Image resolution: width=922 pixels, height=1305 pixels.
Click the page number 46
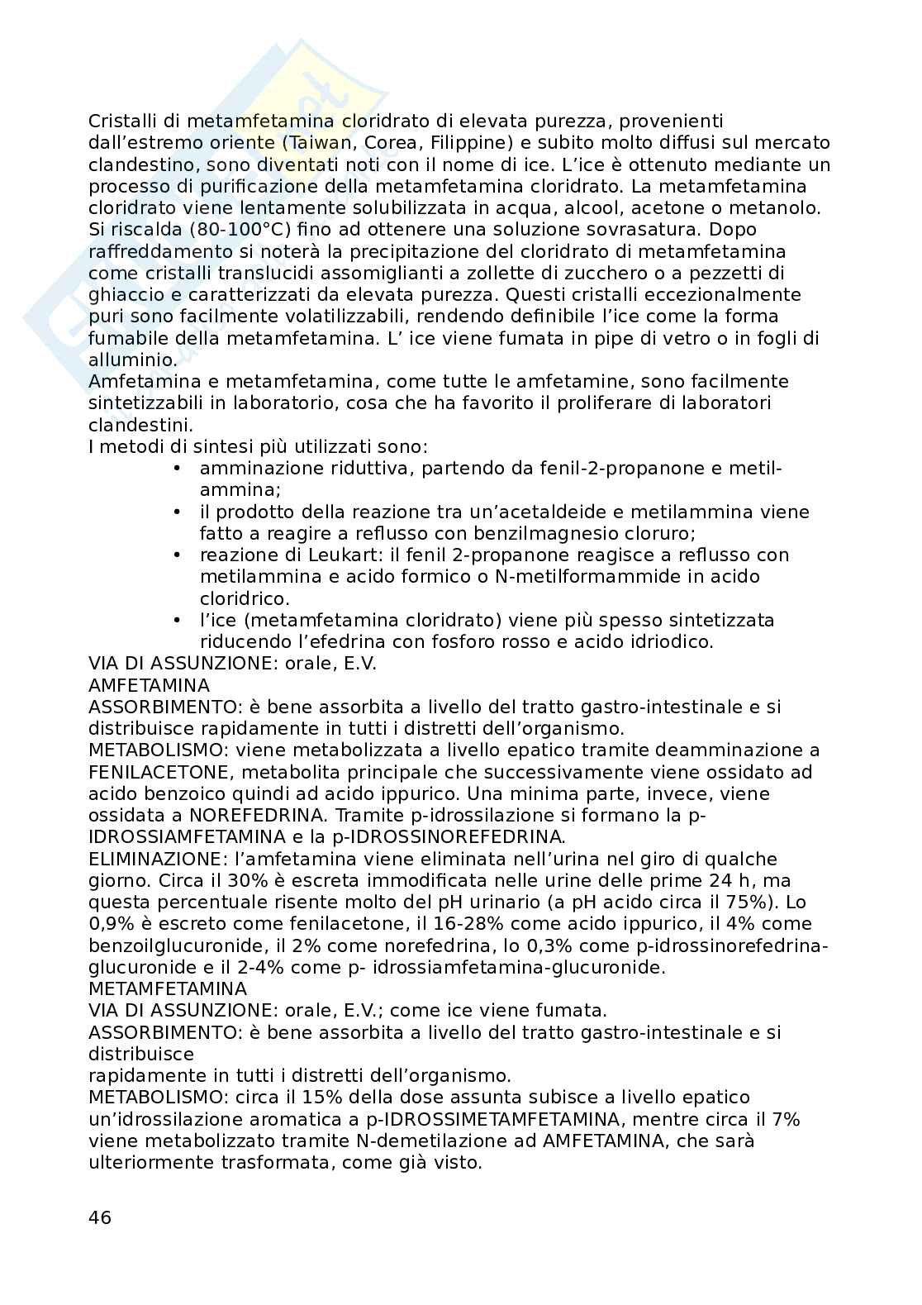pos(99,1217)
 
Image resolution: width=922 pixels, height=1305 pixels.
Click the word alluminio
pos(132,360)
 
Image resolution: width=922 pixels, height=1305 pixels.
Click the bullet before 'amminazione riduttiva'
pos(177,469)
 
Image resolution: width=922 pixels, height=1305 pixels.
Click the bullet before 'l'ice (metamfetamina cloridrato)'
pos(177,620)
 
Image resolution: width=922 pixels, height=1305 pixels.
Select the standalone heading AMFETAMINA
pos(149,685)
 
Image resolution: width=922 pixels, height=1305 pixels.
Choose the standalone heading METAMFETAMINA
pos(168,988)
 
